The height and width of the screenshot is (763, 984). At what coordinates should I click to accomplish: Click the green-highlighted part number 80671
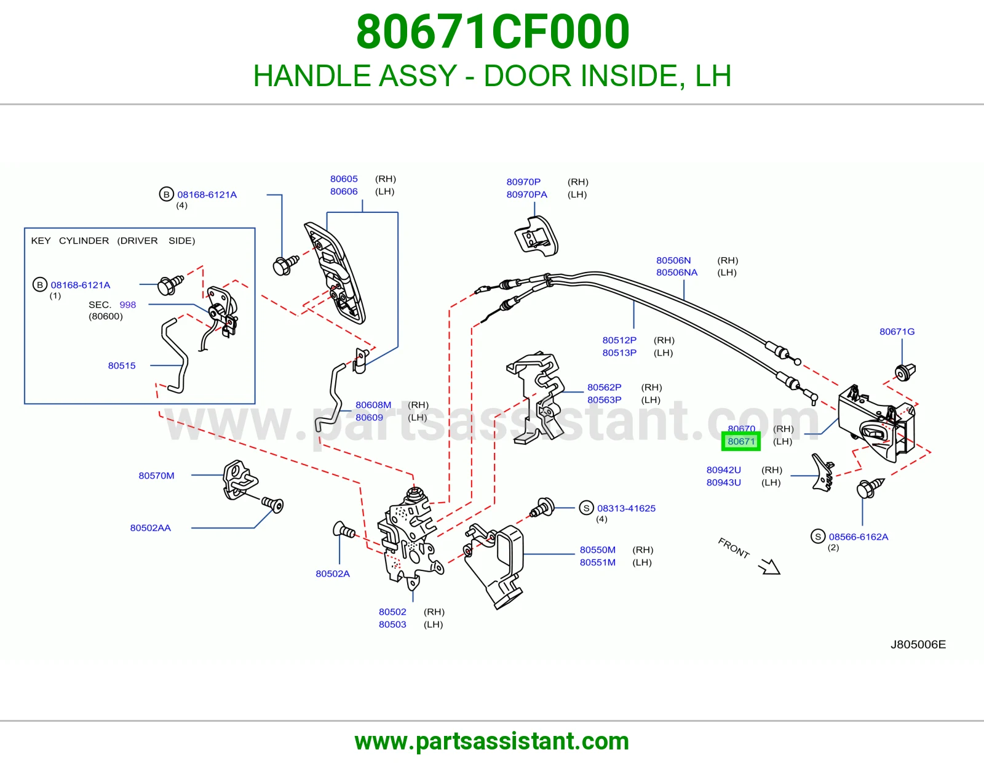click(741, 441)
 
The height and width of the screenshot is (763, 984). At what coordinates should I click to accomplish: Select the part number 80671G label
click(897, 332)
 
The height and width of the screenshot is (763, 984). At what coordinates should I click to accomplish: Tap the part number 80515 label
click(121, 366)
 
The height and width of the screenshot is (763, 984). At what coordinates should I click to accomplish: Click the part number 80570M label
click(156, 476)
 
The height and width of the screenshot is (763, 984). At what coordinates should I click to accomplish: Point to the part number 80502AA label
click(150, 528)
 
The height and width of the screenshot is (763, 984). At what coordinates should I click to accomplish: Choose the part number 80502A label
click(332, 573)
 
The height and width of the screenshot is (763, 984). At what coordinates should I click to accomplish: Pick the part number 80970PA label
click(526, 194)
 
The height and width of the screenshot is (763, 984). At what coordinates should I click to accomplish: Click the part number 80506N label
click(673, 260)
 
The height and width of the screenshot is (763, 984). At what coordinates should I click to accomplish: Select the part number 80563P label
click(604, 400)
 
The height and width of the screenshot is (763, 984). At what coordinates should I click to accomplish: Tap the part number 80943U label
click(724, 482)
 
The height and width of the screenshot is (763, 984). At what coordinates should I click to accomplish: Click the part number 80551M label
click(597, 562)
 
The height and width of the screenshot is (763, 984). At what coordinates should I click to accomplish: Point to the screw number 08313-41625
click(626, 508)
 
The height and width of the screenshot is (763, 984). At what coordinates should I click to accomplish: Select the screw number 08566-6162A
click(858, 537)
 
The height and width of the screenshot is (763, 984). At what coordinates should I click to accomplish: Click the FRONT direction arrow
click(769, 567)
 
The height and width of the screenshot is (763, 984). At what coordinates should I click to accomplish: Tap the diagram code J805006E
click(918, 645)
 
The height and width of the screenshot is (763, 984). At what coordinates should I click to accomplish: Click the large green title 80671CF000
click(493, 32)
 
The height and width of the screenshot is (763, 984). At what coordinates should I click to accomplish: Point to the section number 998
click(127, 305)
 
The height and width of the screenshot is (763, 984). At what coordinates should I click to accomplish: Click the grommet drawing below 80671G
click(905, 372)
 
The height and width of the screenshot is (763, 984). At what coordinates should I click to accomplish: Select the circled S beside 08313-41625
click(587, 508)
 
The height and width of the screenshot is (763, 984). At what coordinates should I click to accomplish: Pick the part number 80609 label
click(369, 418)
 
